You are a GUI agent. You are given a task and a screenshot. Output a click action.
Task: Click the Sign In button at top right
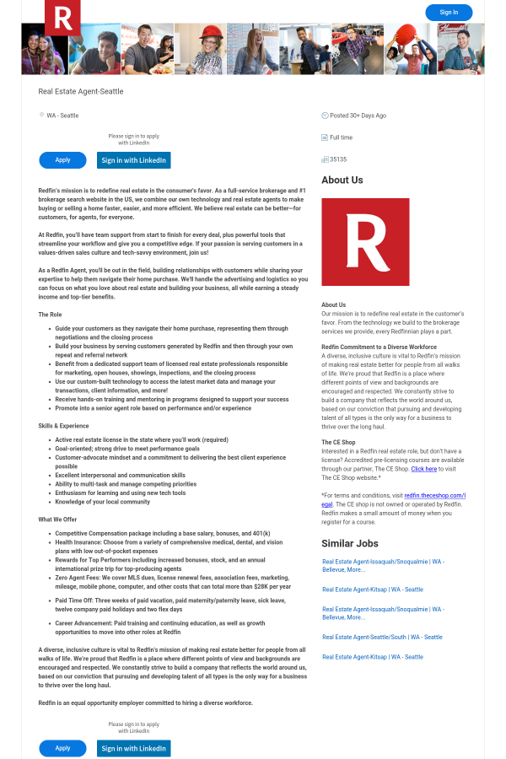click(x=449, y=13)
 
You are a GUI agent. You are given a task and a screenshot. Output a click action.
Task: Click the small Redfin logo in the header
click(x=62, y=17)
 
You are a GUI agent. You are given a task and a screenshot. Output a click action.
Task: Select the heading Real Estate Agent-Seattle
click(x=81, y=91)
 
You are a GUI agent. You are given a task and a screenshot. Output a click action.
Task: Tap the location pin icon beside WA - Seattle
click(x=41, y=116)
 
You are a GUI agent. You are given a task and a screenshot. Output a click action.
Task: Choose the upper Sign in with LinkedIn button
click(x=133, y=160)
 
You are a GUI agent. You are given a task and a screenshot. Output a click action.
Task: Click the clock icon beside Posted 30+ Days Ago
click(x=325, y=116)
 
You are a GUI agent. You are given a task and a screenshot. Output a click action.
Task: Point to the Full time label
click(x=342, y=137)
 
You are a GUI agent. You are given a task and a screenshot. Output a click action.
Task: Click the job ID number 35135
click(x=338, y=159)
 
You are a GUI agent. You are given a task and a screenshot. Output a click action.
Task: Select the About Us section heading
click(x=342, y=180)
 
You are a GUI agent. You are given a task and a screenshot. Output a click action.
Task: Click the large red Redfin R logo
click(x=365, y=242)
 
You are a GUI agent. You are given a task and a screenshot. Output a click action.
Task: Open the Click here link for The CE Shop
click(x=424, y=468)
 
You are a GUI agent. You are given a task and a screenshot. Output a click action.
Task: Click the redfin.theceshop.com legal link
click(x=433, y=495)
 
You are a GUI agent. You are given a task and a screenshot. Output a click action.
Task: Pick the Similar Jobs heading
click(x=350, y=543)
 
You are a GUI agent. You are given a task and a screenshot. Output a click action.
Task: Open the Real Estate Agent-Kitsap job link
click(x=373, y=589)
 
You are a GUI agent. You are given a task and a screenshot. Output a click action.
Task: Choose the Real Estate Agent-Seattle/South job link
click(x=382, y=637)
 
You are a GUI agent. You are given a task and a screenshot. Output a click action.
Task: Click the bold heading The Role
click(x=51, y=315)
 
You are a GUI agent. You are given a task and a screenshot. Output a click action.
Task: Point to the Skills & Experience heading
click(x=63, y=426)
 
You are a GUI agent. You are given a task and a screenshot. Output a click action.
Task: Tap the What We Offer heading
click(x=57, y=519)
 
